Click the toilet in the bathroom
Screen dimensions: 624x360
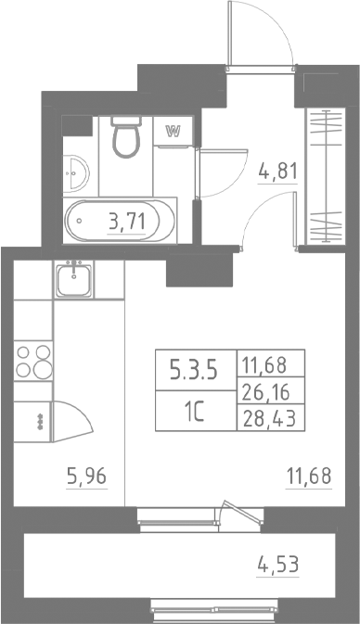pos(123,138)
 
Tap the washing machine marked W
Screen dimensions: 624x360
pos(172,132)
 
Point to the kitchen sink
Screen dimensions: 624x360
pos(72,278)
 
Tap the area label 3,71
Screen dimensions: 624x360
pos(126,222)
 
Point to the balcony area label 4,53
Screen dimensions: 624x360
pos(279,562)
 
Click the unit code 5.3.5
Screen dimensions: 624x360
pos(192,373)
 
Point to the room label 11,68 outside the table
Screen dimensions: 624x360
pos(308,479)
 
